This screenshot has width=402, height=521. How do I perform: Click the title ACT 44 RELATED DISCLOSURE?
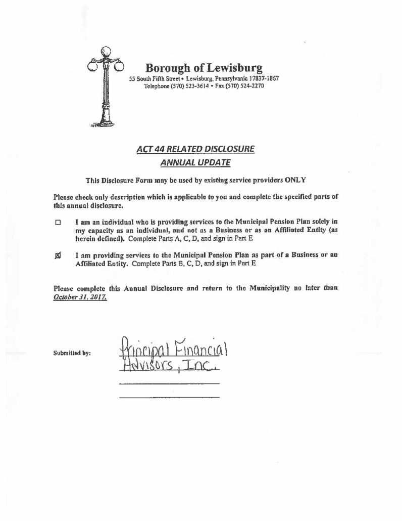[196, 149]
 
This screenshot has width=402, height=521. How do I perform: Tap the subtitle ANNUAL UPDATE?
[195, 162]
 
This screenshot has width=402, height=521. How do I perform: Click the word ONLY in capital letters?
[295, 180]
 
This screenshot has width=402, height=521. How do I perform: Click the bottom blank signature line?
[169, 397]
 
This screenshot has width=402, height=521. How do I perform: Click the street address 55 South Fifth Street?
[156, 79]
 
